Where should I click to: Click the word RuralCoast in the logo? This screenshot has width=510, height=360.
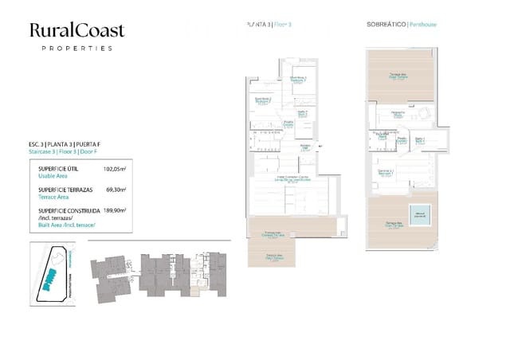tap(76, 30)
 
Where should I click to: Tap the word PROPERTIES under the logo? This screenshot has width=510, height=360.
tap(76, 49)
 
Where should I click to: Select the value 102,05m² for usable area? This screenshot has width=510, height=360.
tap(116, 169)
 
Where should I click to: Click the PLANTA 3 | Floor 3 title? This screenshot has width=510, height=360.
tap(270, 25)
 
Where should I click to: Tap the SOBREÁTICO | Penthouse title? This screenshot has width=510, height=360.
tap(402, 25)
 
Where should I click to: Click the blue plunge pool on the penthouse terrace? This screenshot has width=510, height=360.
tap(418, 213)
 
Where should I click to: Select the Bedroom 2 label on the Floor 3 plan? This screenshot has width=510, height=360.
tap(264, 100)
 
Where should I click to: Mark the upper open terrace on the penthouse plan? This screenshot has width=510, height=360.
tap(398, 76)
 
